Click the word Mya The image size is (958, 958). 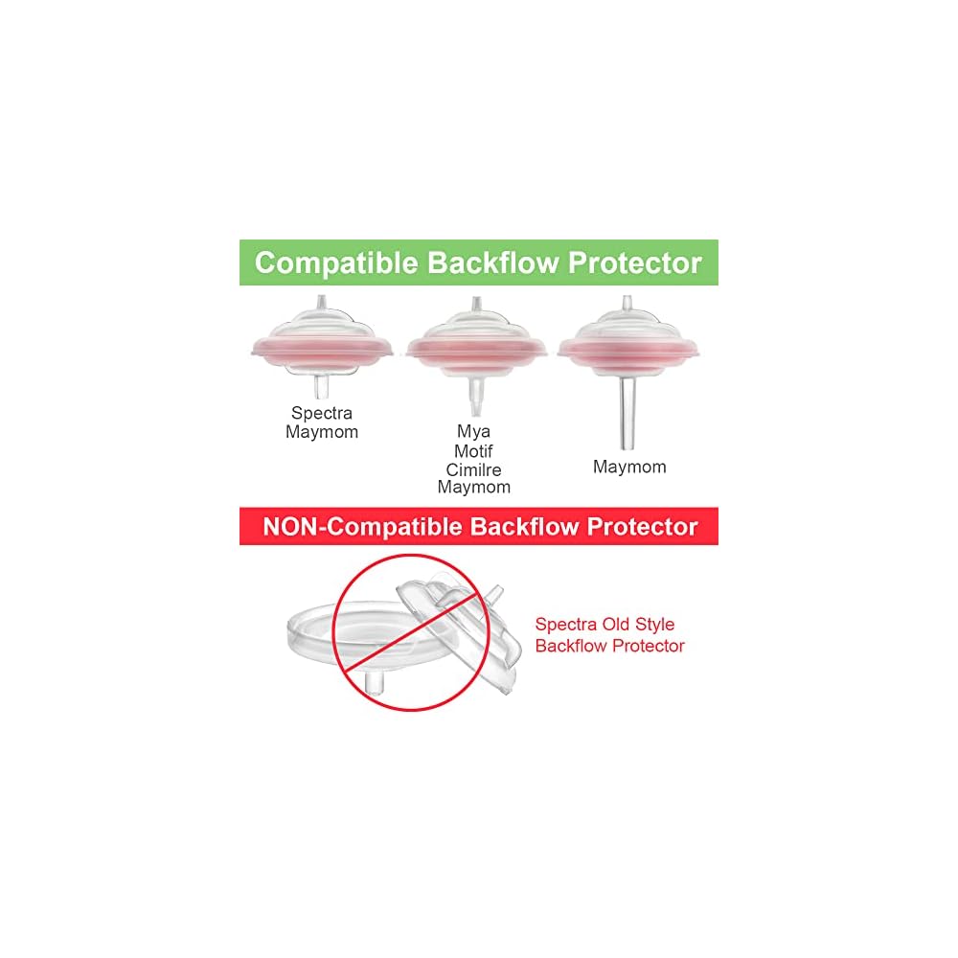tap(473, 432)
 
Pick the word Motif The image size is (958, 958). tap(473, 450)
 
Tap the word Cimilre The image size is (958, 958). tap(473, 469)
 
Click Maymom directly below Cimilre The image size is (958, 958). tap(473, 488)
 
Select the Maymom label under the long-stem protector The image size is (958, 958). tap(629, 468)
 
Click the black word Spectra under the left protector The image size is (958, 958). tap(322, 414)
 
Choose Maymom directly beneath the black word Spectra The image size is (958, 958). tap(322, 432)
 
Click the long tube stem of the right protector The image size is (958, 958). tap(629, 417)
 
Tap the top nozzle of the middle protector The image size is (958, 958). tap(475, 308)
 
